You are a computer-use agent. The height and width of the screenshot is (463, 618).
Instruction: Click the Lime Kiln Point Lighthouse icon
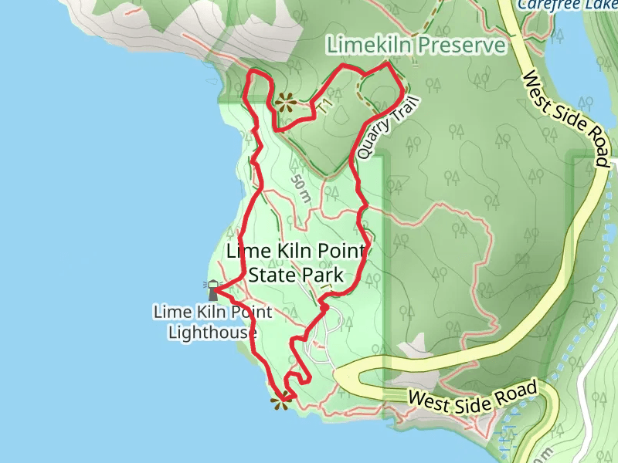pyautogui.click(x=212, y=289)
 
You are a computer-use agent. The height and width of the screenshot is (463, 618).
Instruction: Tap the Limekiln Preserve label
pyautogui.click(x=416, y=46)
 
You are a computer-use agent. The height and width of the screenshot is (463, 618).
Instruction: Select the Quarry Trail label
pyautogui.click(x=382, y=128)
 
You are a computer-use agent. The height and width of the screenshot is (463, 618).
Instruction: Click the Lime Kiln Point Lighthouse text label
pyautogui.click(x=212, y=323)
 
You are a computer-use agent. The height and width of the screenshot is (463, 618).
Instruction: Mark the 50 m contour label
pyautogui.click(x=301, y=188)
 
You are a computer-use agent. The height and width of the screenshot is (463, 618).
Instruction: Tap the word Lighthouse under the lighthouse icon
pyautogui.click(x=212, y=333)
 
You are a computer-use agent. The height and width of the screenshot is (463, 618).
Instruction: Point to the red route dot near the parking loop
pyautogui.click(x=325, y=308)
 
